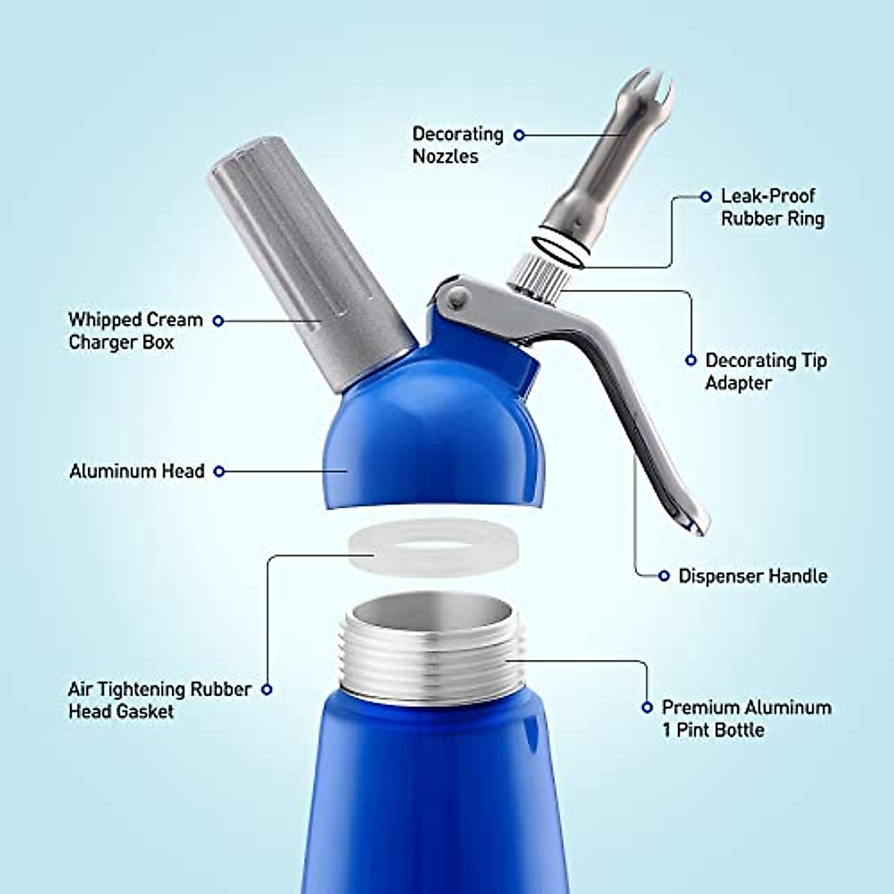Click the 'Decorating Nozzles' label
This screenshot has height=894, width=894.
point(457,145)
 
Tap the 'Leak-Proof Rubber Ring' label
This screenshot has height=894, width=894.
point(772,207)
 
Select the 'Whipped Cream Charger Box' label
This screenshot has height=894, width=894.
point(135,331)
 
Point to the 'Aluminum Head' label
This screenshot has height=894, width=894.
point(136,472)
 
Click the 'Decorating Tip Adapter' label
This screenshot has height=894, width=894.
point(765,371)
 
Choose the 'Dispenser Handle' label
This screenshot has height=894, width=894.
point(752,576)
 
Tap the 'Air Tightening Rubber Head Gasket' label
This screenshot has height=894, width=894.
point(159,700)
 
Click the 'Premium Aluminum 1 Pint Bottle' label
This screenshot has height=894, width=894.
point(746,718)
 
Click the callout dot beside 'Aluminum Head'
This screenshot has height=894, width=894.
point(219,472)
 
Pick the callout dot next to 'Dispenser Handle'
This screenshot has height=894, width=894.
point(664,576)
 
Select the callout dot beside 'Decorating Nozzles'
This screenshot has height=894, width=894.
point(519,135)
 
